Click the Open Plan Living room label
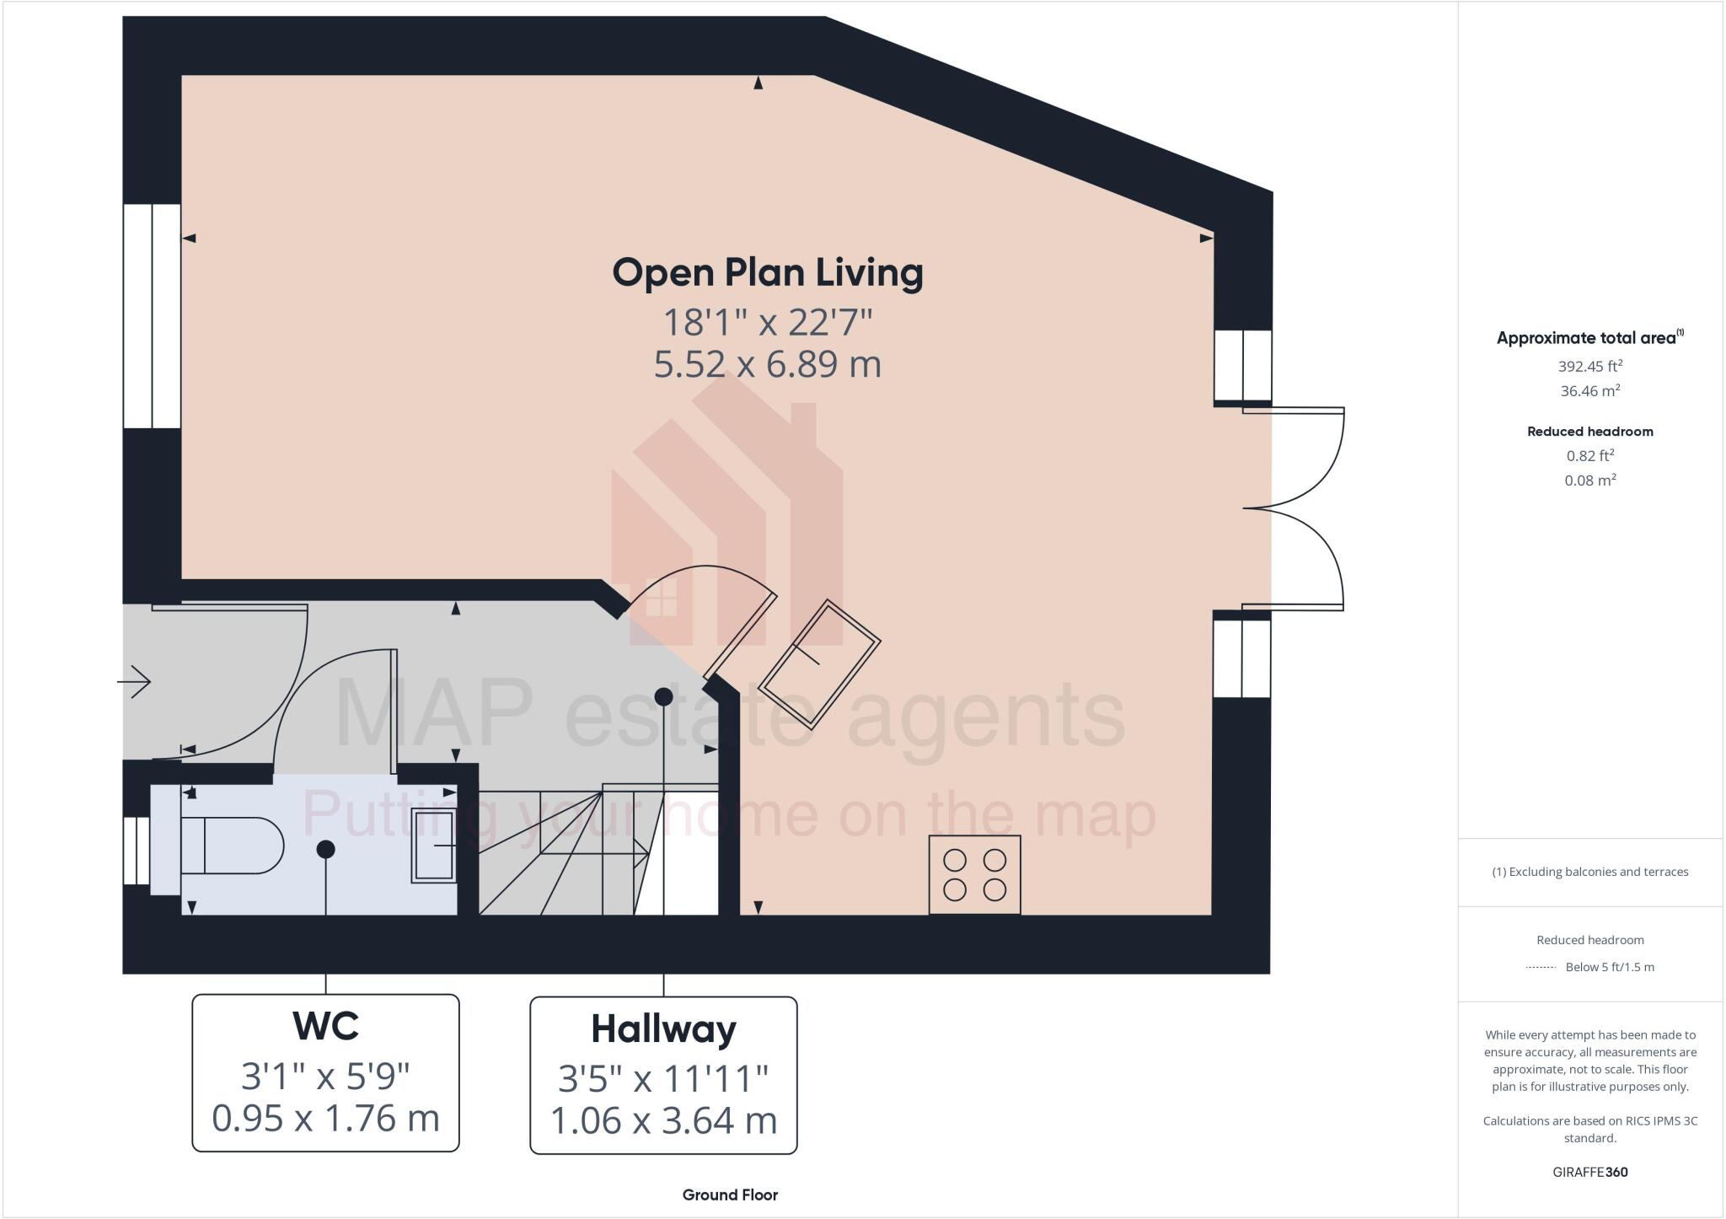[x=767, y=273]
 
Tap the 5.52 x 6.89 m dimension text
[x=767, y=364]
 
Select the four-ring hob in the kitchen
[x=974, y=875]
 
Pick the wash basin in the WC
[x=433, y=846]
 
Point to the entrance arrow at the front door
[x=134, y=681]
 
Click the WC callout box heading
[x=325, y=1026]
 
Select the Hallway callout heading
[x=663, y=1029]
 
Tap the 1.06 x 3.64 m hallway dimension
[x=663, y=1120]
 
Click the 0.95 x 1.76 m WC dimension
[x=325, y=1118]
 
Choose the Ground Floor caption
[x=730, y=1195]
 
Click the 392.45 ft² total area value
[x=1589, y=367]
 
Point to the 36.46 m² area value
[x=1589, y=391]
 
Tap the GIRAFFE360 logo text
[x=1589, y=1172]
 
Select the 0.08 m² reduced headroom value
[x=1589, y=481]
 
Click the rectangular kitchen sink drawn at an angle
[x=819, y=664]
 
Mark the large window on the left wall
[x=152, y=316]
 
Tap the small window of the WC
[x=137, y=850]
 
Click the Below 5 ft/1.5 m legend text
[x=1609, y=967]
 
